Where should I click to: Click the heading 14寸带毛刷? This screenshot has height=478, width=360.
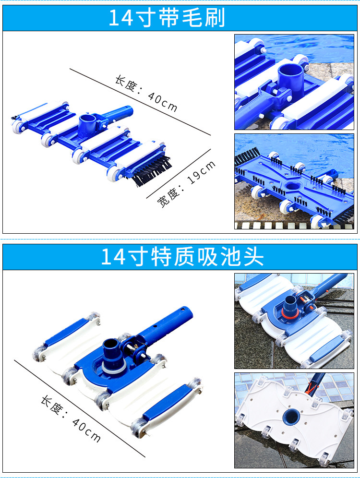[x=167, y=17]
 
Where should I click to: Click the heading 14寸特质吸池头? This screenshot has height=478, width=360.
[x=182, y=257]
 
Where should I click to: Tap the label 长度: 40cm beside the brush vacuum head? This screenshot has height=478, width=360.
[x=146, y=93]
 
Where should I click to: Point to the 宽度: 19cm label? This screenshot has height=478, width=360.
[x=186, y=184]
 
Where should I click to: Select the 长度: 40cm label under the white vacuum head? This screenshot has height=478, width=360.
[x=71, y=419]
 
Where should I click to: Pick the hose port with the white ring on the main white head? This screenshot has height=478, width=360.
[x=113, y=356]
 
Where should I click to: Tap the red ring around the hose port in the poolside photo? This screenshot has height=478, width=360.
[x=288, y=313]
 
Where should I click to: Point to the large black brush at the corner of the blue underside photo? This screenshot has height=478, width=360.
[x=247, y=156]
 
